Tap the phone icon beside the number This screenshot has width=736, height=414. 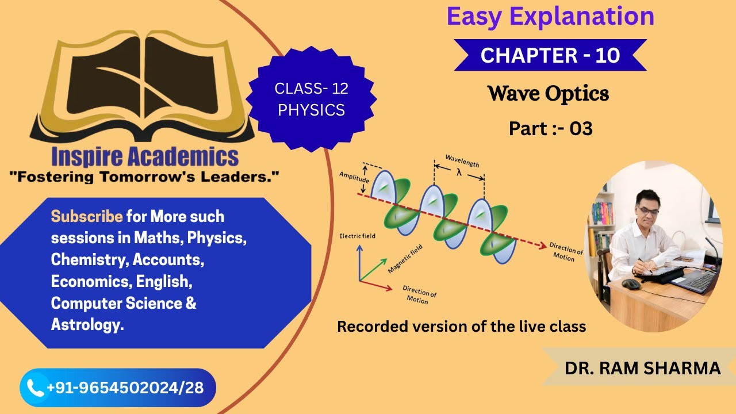tap(36, 388)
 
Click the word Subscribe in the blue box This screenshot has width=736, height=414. tap(87, 217)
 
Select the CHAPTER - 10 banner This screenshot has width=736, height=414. tap(550, 55)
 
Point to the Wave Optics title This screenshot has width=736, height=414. tap(548, 93)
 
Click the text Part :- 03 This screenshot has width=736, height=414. tap(550, 129)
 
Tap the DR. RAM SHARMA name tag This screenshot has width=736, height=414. tap(642, 368)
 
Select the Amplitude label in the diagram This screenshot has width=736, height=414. tap(354, 176)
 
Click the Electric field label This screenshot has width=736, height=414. tap(356, 236)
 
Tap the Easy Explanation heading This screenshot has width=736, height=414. tap(550, 17)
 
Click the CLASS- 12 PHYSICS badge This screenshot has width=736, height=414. tap(311, 99)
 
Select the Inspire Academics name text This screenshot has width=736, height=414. tap(144, 156)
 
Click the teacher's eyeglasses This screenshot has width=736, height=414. tap(648, 212)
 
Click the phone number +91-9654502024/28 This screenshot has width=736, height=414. tap(125, 388)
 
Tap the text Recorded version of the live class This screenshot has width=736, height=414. tap(461, 327)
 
